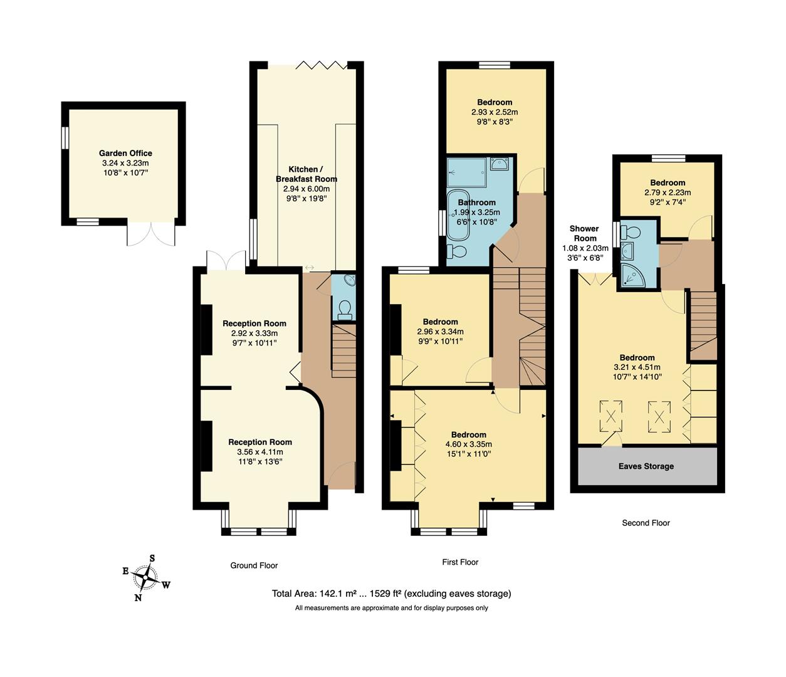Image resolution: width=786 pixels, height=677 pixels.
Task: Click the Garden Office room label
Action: [x=125, y=153]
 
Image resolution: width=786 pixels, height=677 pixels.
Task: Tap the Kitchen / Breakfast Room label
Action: [x=304, y=174]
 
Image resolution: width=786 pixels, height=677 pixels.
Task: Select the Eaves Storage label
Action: [x=646, y=466]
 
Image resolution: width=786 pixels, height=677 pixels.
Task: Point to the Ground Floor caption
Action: [x=254, y=565]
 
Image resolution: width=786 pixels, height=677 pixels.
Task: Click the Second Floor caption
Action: [x=646, y=523]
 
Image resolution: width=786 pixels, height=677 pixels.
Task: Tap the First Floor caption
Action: [x=460, y=562]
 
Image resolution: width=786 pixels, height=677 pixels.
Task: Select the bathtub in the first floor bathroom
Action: [x=457, y=215]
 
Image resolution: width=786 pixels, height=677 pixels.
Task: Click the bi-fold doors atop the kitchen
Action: [x=321, y=65]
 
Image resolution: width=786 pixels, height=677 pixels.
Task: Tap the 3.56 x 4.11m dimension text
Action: [x=259, y=452]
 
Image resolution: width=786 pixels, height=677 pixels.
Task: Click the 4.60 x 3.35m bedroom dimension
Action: [x=468, y=444]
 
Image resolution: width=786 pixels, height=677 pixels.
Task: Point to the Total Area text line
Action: [x=391, y=594]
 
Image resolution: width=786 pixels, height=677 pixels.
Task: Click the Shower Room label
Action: [x=584, y=233]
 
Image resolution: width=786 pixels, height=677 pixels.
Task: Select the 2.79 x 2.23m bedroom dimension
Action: [x=668, y=193]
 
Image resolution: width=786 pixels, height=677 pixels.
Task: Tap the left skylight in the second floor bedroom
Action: [x=610, y=415]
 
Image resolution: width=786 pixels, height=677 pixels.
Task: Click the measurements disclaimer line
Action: [x=391, y=608]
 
